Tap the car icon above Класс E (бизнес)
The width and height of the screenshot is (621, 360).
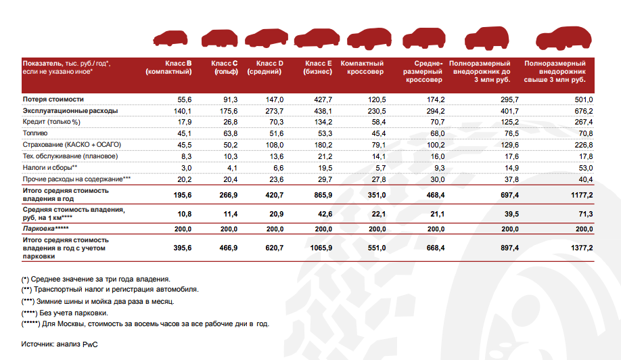tap(313, 38)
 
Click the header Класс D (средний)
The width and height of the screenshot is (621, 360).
tap(264, 67)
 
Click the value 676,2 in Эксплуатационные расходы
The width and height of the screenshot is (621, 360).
tap(583, 111)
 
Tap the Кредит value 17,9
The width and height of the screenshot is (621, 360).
tap(184, 122)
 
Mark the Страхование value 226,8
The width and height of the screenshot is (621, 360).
tap(583, 145)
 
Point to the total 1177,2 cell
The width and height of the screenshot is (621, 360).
tap(581, 194)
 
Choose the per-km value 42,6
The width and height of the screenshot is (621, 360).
tap(323, 214)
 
